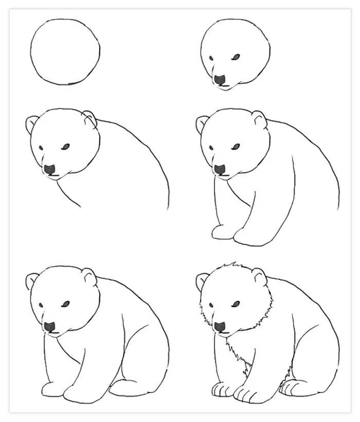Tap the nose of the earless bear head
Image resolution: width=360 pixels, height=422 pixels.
point(221,80)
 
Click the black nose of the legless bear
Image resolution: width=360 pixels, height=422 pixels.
point(50,169)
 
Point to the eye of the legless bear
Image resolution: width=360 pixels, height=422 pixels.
point(65,147)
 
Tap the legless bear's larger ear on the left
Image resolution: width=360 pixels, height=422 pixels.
point(32,125)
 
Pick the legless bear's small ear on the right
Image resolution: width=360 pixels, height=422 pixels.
point(89,118)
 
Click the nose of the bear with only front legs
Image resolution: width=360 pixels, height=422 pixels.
point(220,169)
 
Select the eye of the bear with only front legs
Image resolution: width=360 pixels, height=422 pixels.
point(236,147)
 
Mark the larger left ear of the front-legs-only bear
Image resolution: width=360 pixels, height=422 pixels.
point(202,125)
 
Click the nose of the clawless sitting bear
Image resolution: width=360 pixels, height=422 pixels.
point(50,326)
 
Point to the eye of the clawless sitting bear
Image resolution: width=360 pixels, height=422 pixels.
point(65,305)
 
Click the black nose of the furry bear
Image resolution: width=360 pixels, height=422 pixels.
point(220,326)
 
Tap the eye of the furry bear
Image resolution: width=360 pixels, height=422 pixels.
point(236,305)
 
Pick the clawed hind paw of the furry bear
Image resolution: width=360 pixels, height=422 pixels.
point(298,387)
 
